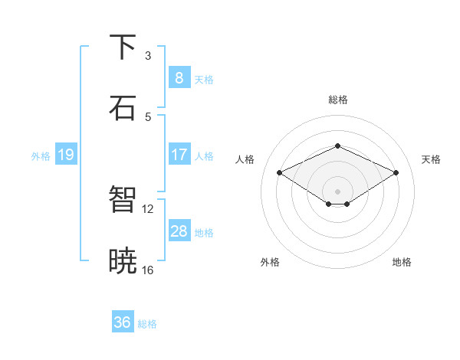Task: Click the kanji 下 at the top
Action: tap(123, 47)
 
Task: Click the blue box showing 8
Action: tap(179, 77)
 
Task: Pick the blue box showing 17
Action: tap(179, 155)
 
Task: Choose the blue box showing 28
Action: tap(179, 231)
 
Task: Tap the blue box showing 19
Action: tap(65, 155)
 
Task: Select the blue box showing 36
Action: tap(122, 322)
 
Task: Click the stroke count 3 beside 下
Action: tap(148, 56)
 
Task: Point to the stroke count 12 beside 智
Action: tap(148, 208)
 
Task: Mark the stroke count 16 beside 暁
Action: tap(148, 270)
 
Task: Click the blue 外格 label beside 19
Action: tap(41, 156)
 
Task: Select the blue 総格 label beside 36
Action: tap(147, 324)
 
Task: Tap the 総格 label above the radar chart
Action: tap(337, 100)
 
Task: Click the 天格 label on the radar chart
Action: tap(431, 159)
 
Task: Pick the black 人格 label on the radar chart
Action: tap(245, 159)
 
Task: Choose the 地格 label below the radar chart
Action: tap(402, 262)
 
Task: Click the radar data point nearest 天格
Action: tap(396, 173)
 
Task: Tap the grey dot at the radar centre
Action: tap(337, 191)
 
